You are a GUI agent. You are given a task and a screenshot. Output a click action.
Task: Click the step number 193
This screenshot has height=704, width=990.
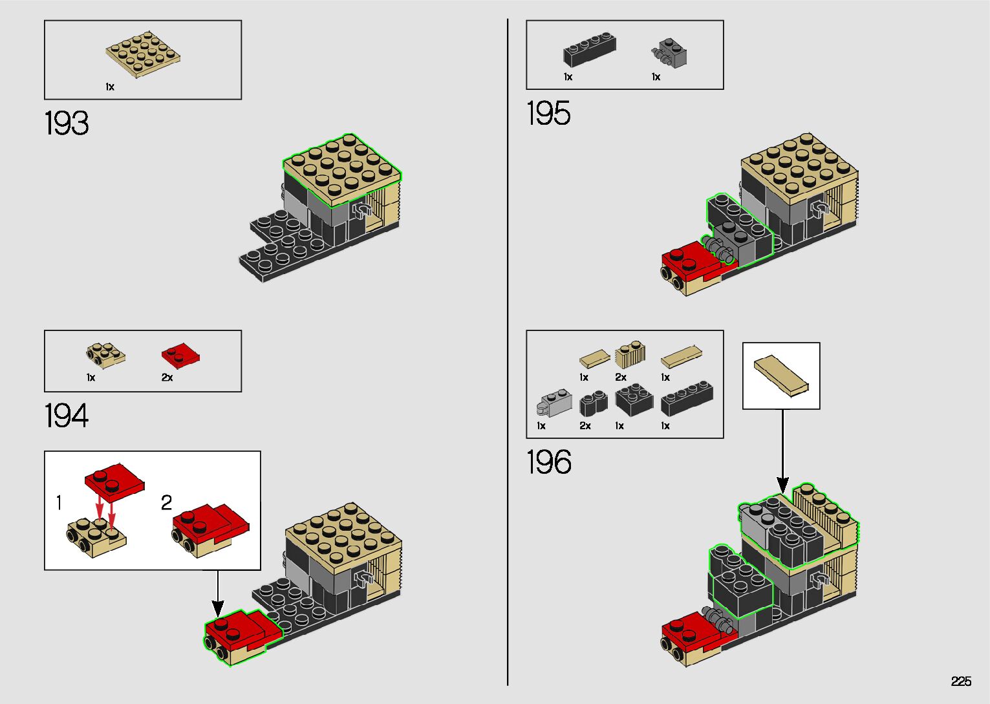[67, 123]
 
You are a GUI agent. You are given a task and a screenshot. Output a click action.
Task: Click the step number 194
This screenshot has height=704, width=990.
[67, 416]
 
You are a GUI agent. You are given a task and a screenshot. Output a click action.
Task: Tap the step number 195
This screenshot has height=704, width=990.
[548, 113]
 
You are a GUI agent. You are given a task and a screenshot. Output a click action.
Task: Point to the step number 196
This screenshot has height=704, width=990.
[549, 462]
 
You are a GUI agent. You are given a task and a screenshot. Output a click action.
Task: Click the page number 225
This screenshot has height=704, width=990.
[962, 681]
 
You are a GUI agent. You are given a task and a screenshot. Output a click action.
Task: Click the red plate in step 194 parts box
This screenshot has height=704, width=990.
[180, 356]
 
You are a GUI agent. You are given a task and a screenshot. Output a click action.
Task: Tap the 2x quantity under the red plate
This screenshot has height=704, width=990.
[167, 378]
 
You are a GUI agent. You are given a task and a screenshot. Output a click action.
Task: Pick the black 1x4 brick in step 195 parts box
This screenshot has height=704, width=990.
[590, 49]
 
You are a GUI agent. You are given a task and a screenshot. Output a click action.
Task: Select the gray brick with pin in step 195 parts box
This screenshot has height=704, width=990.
[669, 53]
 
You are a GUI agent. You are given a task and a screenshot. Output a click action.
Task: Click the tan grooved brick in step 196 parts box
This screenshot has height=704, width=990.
[630, 354]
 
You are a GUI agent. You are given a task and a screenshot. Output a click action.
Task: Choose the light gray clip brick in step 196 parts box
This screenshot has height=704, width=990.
[554, 402]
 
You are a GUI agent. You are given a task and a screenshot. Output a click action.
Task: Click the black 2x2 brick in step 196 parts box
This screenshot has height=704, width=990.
[634, 400]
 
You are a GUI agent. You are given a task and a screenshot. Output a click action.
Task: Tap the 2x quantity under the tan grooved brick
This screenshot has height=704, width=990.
[621, 378]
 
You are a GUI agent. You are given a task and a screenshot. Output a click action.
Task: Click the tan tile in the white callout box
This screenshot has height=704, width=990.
[781, 376]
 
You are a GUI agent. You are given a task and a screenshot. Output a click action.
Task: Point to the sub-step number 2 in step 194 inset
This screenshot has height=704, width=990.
[166, 502]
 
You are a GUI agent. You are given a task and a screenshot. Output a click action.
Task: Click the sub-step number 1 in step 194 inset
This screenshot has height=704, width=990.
[59, 502]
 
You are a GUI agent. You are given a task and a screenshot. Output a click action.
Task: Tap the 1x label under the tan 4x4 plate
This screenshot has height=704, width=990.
[110, 87]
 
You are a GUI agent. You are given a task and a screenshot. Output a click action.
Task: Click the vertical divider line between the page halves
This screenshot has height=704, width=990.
[508, 352]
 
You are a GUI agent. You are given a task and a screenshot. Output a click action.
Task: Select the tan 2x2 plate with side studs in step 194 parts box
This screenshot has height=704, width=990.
[105, 356]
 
